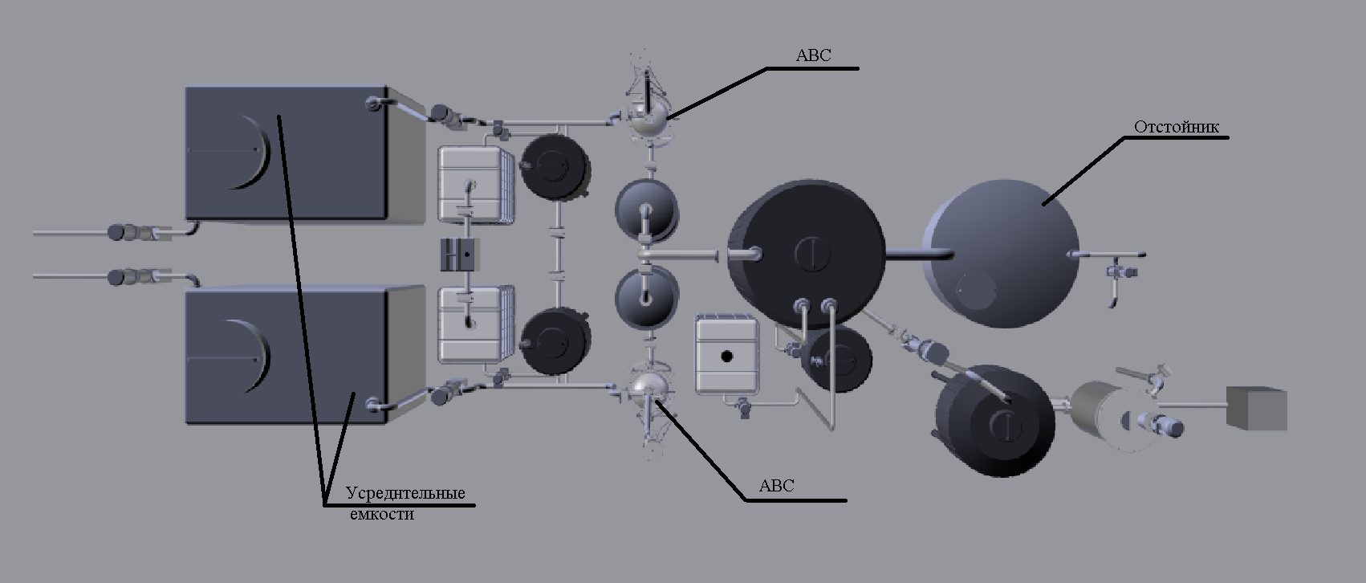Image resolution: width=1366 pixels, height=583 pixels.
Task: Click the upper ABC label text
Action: coord(813,55)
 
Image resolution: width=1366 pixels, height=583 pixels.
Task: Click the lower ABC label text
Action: coord(776,486)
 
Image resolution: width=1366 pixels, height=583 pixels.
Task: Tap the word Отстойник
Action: coord(1176,127)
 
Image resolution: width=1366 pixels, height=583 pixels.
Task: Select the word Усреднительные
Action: coord(405,493)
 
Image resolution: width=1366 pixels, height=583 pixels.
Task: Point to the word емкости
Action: coord(382,515)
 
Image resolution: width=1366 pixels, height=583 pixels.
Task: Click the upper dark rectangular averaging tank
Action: coord(287,153)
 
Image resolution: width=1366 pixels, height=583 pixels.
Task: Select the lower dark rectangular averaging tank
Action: coord(287,356)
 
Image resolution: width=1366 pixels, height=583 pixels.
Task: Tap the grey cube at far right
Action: coord(1255,408)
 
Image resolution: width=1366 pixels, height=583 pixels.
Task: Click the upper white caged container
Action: coord(474,183)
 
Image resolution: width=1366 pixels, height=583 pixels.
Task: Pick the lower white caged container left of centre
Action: coord(474,325)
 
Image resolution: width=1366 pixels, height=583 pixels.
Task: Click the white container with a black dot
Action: coord(726,355)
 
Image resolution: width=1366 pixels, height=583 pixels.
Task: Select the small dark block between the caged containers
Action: coord(460,255)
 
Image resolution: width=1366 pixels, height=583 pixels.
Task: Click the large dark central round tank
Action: coord(805,253)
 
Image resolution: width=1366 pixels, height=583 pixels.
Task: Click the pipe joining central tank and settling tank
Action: coord(919,255)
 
